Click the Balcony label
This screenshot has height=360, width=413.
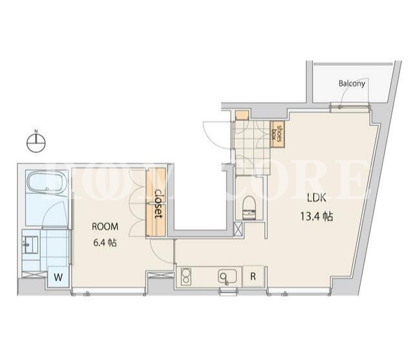tap(352, 83)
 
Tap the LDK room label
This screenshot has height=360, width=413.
tap(317, 198)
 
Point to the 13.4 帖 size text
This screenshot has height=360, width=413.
tap(317, 217)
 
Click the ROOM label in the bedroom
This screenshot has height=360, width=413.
tap(105, 226)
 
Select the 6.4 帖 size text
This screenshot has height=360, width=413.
tap(105, 242)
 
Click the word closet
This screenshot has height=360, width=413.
tap(158, 204)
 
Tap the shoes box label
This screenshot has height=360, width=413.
tap(277, 134)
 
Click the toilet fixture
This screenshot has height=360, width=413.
tap(249, 207)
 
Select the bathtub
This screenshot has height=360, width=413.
tap(47, 182)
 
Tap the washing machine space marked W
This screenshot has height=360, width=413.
tap(58, 277)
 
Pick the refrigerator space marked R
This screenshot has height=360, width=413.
tap(253, 277)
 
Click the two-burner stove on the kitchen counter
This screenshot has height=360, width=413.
tap(185, 276)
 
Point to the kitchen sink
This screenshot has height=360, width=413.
tap(228, 277)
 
